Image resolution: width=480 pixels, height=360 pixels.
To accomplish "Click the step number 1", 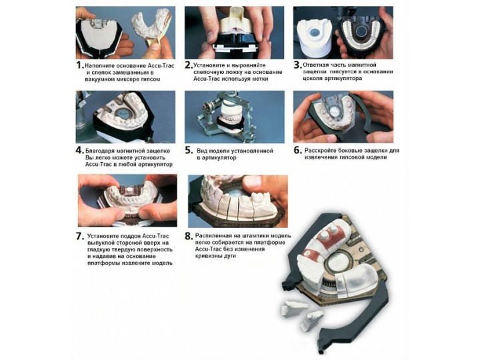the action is pos(79,65).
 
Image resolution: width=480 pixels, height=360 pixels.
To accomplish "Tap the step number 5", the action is pos(189,151).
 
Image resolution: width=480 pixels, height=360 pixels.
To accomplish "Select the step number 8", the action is pos(189,236).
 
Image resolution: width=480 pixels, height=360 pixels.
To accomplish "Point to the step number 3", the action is pos(297,65).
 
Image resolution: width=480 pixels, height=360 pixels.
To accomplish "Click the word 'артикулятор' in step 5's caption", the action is pos(217,158).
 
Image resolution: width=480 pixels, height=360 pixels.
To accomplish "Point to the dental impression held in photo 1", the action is pos(151,25).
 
